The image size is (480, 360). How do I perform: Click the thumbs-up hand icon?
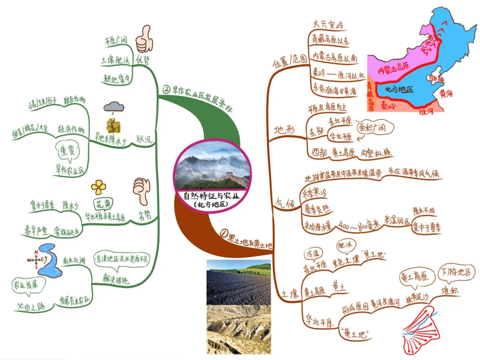pos(144,39)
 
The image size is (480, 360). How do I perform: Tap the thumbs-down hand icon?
pos(141,191)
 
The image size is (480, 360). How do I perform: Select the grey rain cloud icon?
pos(114,108)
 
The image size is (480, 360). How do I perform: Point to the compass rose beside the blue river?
pos(34,260)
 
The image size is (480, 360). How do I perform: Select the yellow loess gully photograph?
pos(239,329)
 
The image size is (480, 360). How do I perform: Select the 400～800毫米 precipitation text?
pos(358,225)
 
